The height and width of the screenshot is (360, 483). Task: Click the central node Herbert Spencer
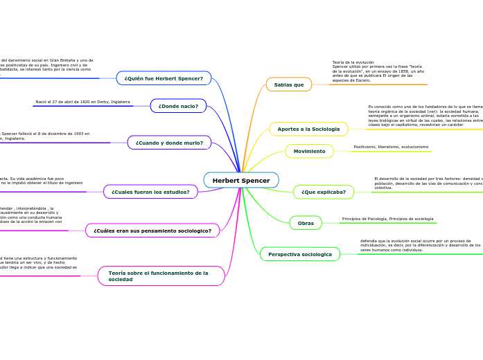(241, 181)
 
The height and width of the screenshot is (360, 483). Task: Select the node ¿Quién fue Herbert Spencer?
(164, 78)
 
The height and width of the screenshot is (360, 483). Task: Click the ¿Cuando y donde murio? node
(169, 143)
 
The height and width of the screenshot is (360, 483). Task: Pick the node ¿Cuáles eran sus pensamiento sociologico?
(152, 231)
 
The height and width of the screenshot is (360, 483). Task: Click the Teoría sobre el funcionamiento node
(161, 276)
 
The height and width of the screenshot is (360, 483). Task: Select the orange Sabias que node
(289, 84)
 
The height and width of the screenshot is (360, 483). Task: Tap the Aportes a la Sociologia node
(308, 129)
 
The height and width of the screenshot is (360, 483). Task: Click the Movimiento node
(309, 151)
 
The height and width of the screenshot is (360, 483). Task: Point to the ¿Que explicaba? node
(324, 192)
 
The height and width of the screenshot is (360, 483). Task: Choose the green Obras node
(306, 223)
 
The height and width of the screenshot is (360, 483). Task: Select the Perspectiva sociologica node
(300, 254)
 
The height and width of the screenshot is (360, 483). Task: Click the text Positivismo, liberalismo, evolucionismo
(391, 147)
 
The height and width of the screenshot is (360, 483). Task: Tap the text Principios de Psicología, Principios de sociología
(387, 219)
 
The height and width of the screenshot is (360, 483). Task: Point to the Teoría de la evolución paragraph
(378, 71)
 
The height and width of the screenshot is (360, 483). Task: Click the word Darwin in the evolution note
(362, 80)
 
